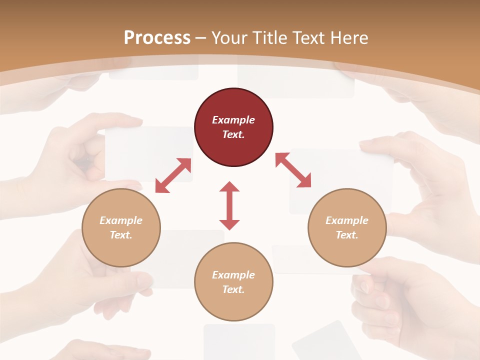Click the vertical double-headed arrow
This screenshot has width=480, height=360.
[x=229, y=205]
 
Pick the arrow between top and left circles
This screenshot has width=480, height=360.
[x=173, y=175]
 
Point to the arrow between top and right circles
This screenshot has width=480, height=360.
[x=293, y=170]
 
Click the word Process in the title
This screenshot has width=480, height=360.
[x=157, y=37]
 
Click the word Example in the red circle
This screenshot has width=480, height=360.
[x=233, y=120]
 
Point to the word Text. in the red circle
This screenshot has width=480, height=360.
[x=233, y=134]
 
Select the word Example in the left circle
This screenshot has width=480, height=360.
[x=121, y=220]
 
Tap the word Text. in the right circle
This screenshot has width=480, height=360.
[x=347, y=235]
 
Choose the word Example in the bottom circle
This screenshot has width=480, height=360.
[x=233, y=275]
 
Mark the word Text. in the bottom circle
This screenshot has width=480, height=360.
[x=233, y=289]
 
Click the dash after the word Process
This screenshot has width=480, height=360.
[x=201, y=38]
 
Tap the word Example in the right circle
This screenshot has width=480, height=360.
[x=347, y=220]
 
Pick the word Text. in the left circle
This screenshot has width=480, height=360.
[x=121, y=235]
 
